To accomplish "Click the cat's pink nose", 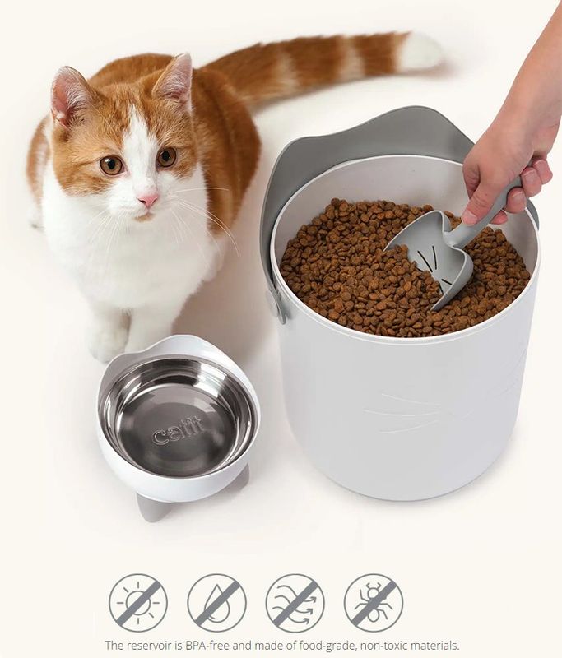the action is click(x=149, y=200).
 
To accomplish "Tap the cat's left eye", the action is click(x=112, y=165).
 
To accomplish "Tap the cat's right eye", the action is click(x=167, y=156).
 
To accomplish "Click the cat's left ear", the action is click(x=67, y=95).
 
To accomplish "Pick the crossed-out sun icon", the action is click(x=138, y=603).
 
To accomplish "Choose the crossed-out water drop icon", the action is click(x=216, y=603).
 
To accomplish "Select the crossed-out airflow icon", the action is click(x=295, y=603).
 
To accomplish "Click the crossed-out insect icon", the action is click(x=374, y=603).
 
